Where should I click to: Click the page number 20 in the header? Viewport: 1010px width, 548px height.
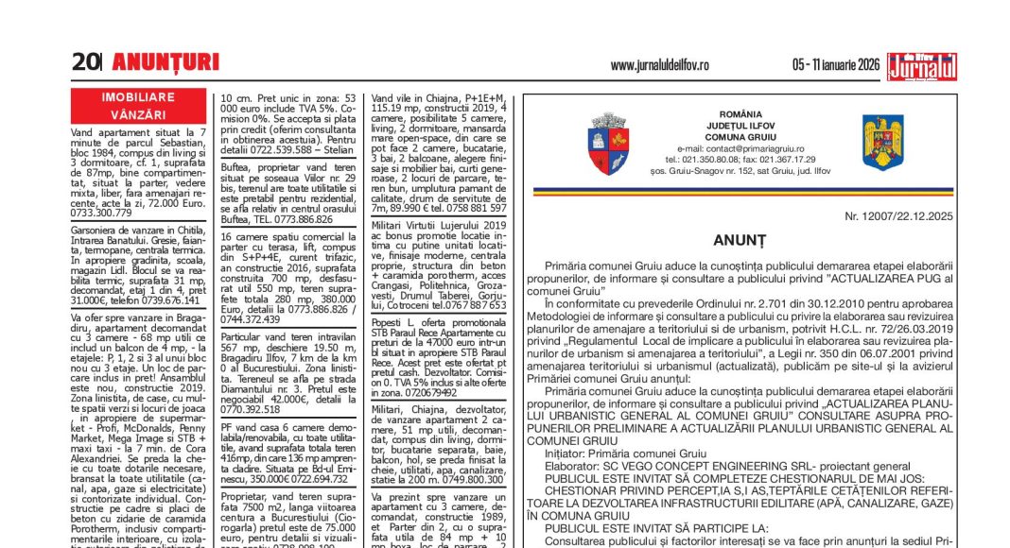coord(85,62)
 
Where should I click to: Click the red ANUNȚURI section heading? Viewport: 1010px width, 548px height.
coord(165,62)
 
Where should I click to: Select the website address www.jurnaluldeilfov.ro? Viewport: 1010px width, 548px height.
coord(659,65)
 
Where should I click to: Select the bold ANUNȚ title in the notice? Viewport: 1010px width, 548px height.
coord(747,241)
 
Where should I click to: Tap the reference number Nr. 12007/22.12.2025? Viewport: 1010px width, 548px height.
coord(899,216)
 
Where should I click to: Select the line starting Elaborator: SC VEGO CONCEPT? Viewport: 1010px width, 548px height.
coord(714,466)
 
